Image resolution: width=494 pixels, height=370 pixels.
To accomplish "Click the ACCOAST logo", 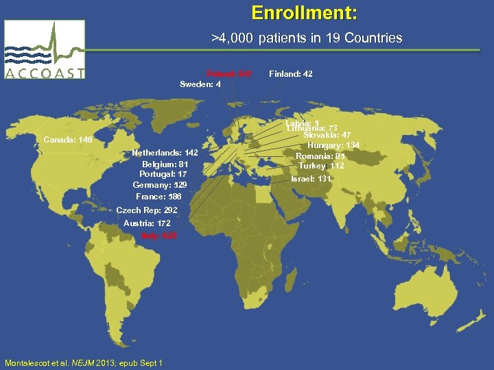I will (x=45, y=50).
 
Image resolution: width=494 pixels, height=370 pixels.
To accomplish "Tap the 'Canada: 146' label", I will (x=67, y=140).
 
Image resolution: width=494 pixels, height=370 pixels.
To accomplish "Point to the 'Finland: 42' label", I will (x=291, y=73).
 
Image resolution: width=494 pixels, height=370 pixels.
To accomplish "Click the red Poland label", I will (x=229, y=73).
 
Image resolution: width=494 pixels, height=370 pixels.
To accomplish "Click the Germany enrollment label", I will (x=160, y=185).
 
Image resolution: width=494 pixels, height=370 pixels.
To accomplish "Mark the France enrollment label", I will (x=158, y=197).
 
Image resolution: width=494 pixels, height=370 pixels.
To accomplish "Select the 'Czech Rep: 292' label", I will (x=147, y=210).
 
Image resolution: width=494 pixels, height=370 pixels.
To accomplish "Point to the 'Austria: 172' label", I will (x=147, y=223).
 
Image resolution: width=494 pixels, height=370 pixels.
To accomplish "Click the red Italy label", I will (x=159, y=235).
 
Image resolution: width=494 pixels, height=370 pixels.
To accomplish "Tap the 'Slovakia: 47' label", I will (x=327, y=135).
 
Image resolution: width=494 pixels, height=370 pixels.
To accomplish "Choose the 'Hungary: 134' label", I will (x=333, y=145).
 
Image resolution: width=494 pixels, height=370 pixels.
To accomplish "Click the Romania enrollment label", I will (x=320, y=156).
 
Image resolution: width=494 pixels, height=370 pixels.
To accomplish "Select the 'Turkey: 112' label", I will (x=321, y=166).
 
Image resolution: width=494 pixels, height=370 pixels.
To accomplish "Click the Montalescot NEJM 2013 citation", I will (x=83, y=362).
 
